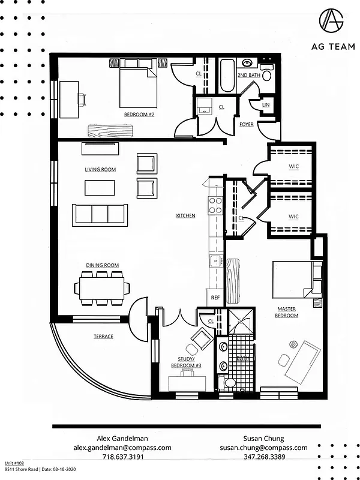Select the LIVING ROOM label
click(100, 170)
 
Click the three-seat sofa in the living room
click(100, 214)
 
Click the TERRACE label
click(103, 337)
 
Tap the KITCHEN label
click(185, 216)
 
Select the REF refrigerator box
click(215, 298)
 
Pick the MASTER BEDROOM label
click(287, 313)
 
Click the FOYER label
click(246, 125)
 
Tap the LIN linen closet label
click(266, 105)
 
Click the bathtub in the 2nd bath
click(227, 75)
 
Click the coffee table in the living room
click(100, 188)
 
